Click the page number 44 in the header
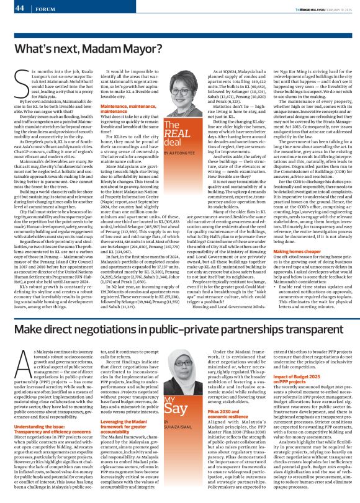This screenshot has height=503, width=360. [x=19, y=7]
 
